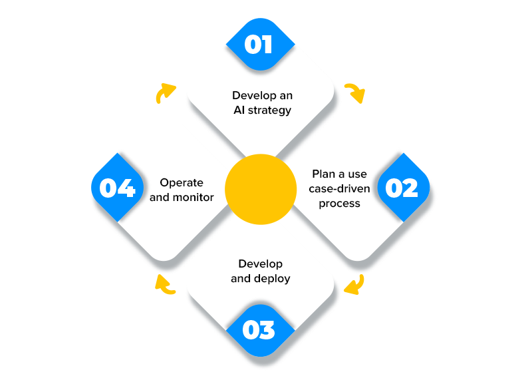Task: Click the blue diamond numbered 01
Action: click(259, 45)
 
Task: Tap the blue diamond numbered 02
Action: click(402, 188)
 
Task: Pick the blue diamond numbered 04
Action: click(118, 188)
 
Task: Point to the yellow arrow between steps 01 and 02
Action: click(354, 93)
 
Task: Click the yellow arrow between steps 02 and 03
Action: click(354, 284)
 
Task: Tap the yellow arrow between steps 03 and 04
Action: click(165, 284)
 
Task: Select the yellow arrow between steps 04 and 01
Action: click(165, 93)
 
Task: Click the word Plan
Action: click(324, 174)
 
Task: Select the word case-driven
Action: click(339, 189)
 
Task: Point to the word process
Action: click(339, 204)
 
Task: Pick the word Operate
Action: click(182, 182)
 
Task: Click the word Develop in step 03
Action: click(261, 264)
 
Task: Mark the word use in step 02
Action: click(358, 174)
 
